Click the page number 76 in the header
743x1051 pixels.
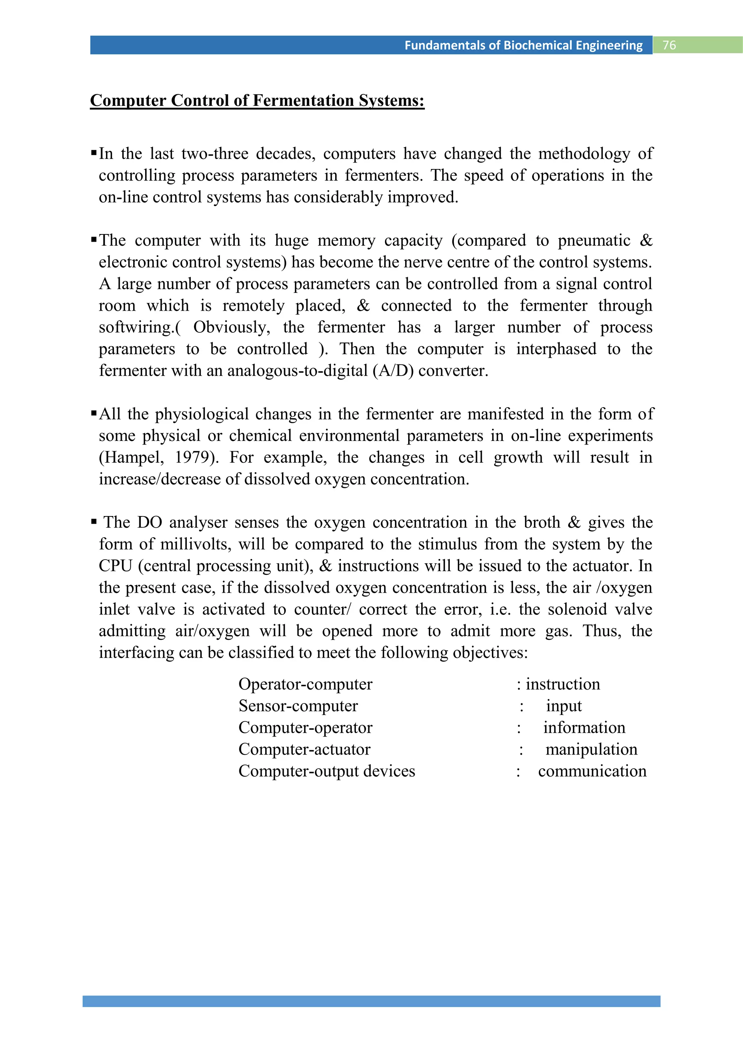coord(669,45)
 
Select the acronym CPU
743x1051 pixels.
coord(115,566)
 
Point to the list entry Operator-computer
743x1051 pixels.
coord(305,684)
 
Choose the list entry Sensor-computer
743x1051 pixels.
coord(298,706)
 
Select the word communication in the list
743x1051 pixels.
coord(592,771)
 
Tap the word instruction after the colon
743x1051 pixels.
coord(562,684)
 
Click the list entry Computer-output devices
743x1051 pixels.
coord(327,771)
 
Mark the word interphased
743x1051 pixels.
coord(556,349)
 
